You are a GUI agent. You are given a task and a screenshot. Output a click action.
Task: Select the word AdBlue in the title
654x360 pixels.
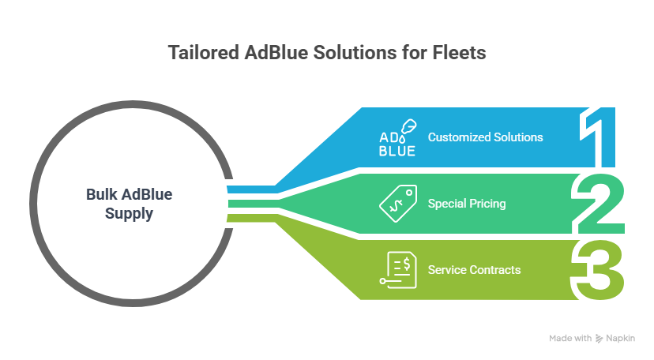click(x=272, y=53)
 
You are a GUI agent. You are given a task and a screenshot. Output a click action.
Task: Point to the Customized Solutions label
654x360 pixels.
click(x=485, y=137)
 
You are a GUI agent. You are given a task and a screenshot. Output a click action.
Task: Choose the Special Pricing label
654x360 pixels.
click(x=467, y=204)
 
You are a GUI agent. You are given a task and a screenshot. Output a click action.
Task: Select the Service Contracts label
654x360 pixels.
click(x=474, y=270)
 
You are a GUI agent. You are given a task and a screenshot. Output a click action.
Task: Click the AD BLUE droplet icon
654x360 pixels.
click(x=397, y=137)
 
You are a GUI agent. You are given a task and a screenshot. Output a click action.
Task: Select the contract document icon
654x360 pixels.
click(x=397, y=270)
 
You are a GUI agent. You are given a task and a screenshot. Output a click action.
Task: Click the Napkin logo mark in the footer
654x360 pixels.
click(x=600, y=338)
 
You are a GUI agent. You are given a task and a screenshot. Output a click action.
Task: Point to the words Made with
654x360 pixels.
click(x=570, y=338)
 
